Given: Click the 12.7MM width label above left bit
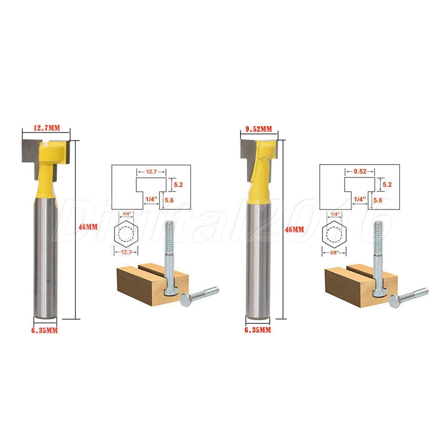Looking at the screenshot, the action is pos(47,128).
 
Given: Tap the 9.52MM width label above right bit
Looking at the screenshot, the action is pos(258,129).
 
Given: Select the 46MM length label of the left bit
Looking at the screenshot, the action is pos(88,227).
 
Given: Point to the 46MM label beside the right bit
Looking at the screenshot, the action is pos(294,230).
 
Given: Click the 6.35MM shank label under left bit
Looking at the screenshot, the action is pos(44,330).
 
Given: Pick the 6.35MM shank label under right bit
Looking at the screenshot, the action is pos(258,330).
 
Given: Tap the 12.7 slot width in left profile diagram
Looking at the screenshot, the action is pos(151,172).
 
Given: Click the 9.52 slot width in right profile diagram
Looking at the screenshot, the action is pos(360,171).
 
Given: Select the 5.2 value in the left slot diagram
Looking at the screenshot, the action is pos(178,185).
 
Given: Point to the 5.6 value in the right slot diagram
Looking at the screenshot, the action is pos(378,200).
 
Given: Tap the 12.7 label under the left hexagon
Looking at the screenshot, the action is pos(126,252).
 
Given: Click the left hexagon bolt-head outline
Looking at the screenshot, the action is pos(115,234).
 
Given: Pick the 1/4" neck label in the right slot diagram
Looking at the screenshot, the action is pos(358,199).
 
